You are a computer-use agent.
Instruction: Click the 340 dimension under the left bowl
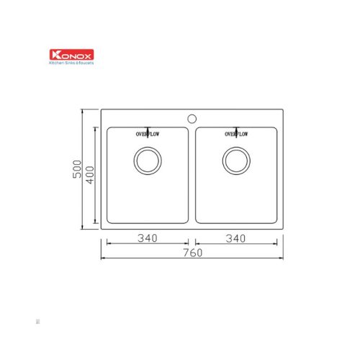point(148,238)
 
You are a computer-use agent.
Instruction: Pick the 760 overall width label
point(192,253)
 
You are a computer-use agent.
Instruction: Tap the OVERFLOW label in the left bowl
point(147,134)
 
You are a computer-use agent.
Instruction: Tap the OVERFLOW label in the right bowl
point(236,134)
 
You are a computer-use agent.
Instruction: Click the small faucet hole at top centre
point(192,117)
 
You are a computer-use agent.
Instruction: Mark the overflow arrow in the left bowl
point(148,127)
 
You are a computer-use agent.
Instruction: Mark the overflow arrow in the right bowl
point(237,127)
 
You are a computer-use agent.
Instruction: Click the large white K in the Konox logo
point(53,54)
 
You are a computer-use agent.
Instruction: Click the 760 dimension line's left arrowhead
point(103,258)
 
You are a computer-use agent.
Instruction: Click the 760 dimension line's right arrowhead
point(281,258)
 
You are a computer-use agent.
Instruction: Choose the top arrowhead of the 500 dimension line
point(84,112)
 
